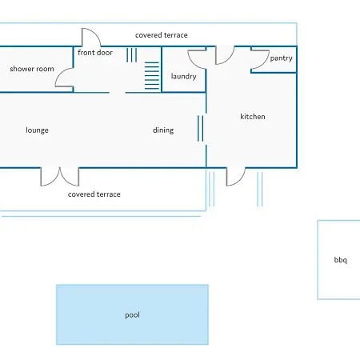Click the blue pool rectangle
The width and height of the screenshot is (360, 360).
pyautogui.click(x=132, y=314)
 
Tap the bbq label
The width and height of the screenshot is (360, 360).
pyautogui.click(x=341, y=260)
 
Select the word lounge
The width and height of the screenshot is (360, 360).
pyautogui.click(x=37, y=130)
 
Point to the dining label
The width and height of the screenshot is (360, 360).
pyautogui.click(x=163, y=130)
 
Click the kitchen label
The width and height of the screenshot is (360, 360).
pyautogui.click(x=253, y=117)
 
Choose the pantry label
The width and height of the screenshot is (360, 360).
pyautogui.click(x=281, y=58)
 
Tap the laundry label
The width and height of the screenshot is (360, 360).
pyautogui.click(x=184, y=77)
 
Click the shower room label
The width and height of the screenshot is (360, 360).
pyautogui.click(x=32, y=69)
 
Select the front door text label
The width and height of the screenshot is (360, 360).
pyautogui.click(x=95, y=53)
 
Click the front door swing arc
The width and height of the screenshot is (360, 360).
pyautogui.click(x=97, y=34)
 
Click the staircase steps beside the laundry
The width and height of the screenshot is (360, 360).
pyautogui.click(x=152, y=76)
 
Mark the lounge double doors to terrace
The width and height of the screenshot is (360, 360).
pyautogui.click(x=60, y=177)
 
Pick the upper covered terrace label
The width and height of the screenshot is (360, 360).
pyautogui.click(x=162, y=35)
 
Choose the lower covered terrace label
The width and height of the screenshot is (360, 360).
pyautogui.click(x=94, y=194)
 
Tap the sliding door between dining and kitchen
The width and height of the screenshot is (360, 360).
pyautogui.click(x=201, y=128)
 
